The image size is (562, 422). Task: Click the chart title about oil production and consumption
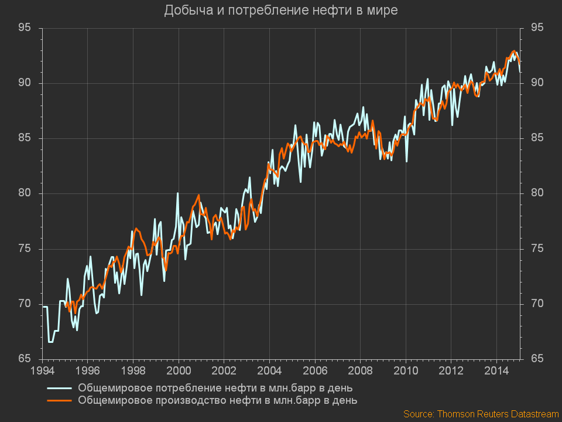pos(280,10)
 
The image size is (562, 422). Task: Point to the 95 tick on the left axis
pos(25,28)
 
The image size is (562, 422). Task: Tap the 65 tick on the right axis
pos(537,359)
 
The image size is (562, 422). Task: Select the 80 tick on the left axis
pos(25,193)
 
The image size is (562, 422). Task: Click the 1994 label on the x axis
pos(42,371)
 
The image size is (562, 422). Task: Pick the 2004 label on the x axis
pos(269,371)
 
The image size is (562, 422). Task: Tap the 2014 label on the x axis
pos(496,371)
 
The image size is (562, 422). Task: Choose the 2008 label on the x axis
pos(360,371)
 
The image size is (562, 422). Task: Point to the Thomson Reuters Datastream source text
pos(481,414)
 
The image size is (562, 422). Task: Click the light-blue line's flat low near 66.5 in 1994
pos(51,342)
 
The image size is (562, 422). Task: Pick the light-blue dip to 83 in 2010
pos(406,161)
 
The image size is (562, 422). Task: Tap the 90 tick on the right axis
pos(537,83)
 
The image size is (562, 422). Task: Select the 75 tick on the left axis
pos(25,249)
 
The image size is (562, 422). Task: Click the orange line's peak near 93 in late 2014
pos(514,51)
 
